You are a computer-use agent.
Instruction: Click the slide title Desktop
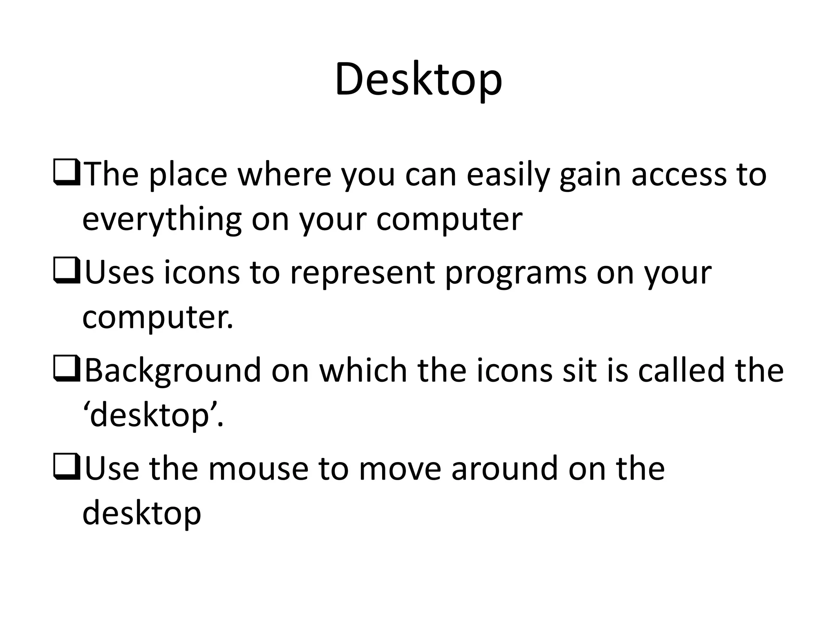pyautogui.click(x=418, y=80)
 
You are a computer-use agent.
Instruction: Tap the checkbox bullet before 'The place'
pyautogui.click(x=66, y=174)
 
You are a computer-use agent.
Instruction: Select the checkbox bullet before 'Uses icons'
pyautogui.click(x=66, y=273)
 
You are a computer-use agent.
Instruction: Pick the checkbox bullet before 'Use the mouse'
pyautogui.click(x=66, y=469)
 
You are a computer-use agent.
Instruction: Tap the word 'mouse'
pyautogui.click(x=258, y=469)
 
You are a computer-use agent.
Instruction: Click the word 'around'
pyautogui.click(x=504, y=469)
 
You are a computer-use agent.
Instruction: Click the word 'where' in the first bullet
pyautogui.click(x=284, y=175)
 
